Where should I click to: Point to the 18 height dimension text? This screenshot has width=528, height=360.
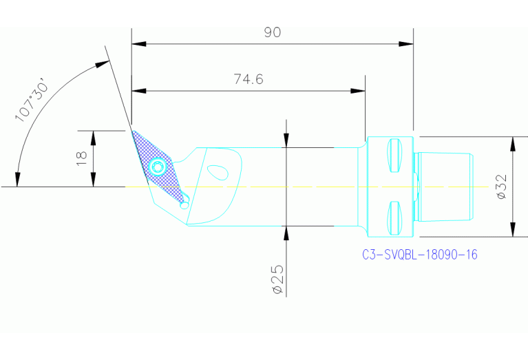81,158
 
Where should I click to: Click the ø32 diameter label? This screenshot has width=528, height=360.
500,187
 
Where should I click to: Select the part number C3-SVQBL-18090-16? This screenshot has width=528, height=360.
420,255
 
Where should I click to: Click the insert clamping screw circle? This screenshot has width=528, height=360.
158,167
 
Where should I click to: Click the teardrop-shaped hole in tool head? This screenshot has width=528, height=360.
218,171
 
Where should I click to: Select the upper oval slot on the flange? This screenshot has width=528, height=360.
394,156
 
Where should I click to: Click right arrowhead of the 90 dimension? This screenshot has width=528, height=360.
407,44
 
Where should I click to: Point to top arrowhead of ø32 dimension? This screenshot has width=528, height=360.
512,143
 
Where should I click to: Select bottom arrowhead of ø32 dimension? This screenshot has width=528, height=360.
512,230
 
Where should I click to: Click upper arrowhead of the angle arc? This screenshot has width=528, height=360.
103,65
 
